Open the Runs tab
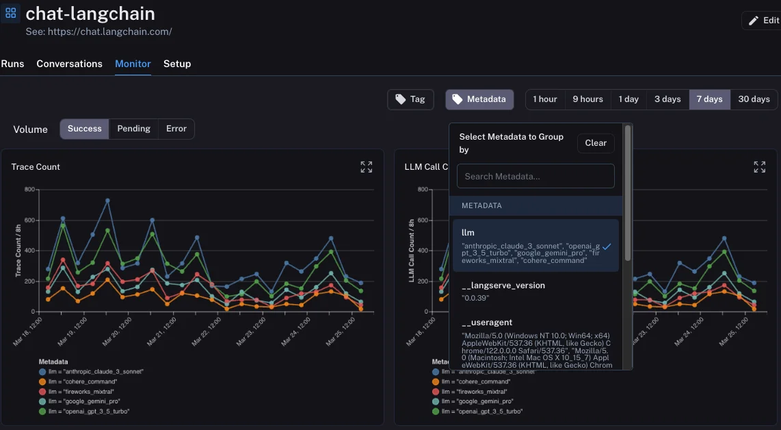pos(12,64)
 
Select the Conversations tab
pos(69,64)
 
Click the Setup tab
pos(177,64)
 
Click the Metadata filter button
pos(479,99)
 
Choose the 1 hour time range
pos(545,99)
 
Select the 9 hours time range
pos(587,99)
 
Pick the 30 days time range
pos(754,99)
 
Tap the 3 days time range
pos(667,99)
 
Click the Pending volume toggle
pos(133,129)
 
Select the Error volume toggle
pos(176,129)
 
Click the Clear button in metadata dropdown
pos(596,143)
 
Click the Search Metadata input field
pos(535,176)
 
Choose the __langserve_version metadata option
pos(503,286)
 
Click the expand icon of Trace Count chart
pos(367,167)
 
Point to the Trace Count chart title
pos(36,167)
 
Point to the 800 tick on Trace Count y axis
pos(29,190)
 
